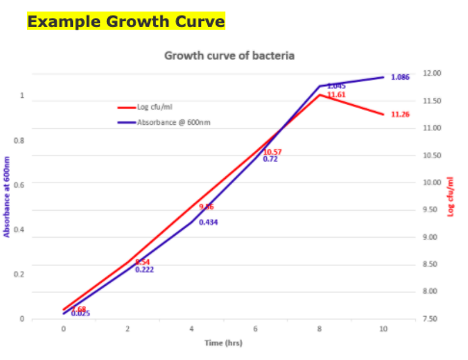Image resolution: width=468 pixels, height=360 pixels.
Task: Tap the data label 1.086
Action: [401, 77]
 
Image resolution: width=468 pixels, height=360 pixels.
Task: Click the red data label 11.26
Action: [401, 115]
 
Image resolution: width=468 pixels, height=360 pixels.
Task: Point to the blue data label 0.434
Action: [208, 222]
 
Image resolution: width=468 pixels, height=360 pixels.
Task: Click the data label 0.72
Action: [271, 160]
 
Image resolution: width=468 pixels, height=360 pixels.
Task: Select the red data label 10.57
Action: [273, 152]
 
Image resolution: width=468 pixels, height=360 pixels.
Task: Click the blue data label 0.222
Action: [144, 270]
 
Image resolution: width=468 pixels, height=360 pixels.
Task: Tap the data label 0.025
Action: [81, 314]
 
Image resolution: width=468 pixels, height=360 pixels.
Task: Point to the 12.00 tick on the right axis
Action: [432, 73]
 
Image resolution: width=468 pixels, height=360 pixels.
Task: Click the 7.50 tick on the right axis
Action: [432, 319]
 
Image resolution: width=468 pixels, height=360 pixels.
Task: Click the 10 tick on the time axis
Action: [383, 329]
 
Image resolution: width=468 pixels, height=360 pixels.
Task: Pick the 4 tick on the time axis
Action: [192, 329]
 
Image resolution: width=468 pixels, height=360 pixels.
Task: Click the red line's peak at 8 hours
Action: [320, 94]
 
